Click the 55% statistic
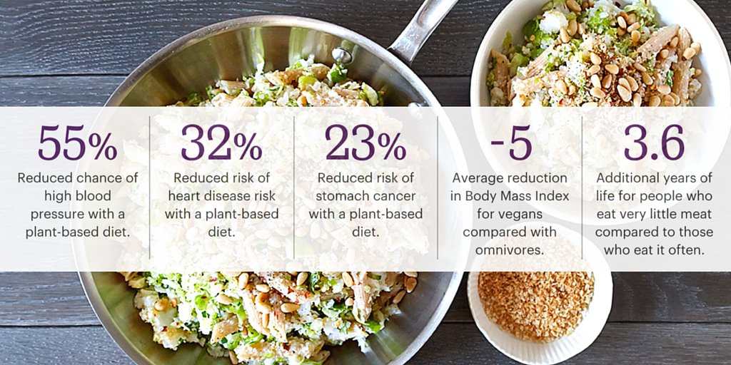(77, 143)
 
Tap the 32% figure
(221, 143)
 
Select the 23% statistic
(365, 143)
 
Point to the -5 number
(511, 143)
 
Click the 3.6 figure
(654, 143)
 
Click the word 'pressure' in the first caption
(51, 215)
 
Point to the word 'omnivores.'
(510, 250)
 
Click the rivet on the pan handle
(341, 56)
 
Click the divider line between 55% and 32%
(149, 187)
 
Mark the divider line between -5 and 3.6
(582, 187)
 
